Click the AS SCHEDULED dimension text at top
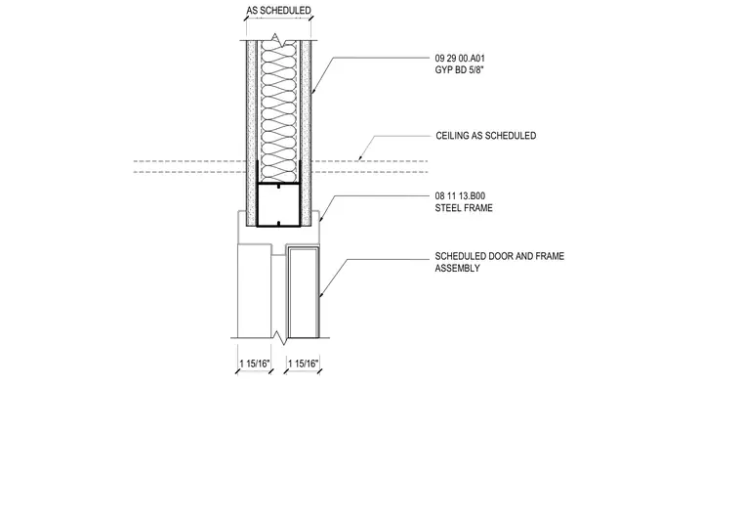[278, 11]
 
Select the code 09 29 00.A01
[460, 59]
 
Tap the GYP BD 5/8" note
[459, 70]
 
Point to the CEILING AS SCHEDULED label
[486, 136]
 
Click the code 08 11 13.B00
[460, 195]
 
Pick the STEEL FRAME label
[464, 208]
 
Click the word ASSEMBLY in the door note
[458, 268]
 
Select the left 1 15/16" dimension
[255, 364]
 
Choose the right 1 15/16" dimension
[304, 364]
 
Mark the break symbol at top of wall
[278, 40]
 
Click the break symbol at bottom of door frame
[280, 338]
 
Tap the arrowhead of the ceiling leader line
[359, 158]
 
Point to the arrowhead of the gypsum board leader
[312, 90]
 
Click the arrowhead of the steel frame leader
[321, 219]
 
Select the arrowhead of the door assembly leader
[320, 296]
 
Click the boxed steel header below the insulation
[278, 204]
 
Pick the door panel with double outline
[303, 292]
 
